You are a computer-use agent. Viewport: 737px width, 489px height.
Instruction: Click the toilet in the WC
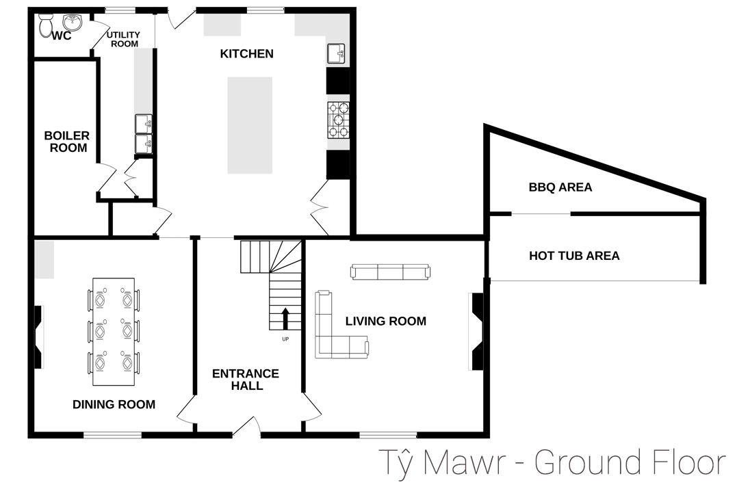(x=47, y=27)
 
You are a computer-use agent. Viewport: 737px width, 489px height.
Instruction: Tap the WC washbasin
(x=71, y=24)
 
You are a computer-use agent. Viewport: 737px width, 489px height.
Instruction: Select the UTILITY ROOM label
(x=123, y=39)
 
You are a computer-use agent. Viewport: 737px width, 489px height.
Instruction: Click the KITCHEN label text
(x=246, y=54)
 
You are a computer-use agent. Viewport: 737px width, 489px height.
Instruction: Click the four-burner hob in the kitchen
(x=339, y=119)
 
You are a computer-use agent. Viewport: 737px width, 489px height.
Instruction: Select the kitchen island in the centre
(x=249, y=124)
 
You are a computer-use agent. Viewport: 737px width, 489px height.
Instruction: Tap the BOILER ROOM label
(x=67, y=142)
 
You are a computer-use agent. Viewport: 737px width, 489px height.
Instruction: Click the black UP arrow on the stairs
(x=285, y=319)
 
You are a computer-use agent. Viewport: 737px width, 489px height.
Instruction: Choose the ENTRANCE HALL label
(x=245, y=380)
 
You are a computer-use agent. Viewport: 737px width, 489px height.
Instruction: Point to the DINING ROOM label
(x=114, y=404)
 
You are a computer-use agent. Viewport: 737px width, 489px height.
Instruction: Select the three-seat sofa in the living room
(x=390, y=272)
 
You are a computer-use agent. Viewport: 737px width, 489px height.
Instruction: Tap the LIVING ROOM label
(x=385, y=321)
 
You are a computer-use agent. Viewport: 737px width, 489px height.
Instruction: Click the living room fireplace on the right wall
(x=477, y=332)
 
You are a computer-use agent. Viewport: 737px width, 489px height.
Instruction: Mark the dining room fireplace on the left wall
(x=38, y=338)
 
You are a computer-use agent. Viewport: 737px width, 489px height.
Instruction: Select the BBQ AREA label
(x=560, y=187)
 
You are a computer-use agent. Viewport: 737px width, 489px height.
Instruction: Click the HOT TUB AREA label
(x=574, y=256)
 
